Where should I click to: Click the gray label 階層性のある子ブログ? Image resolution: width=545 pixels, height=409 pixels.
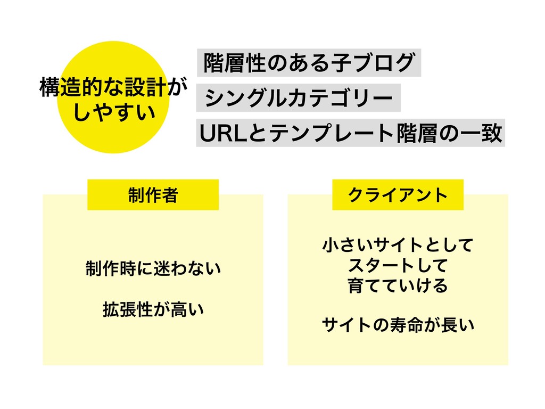pyautogui.click(x=309, y=63)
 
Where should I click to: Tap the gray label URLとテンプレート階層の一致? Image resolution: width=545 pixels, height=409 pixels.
pyautogui.click(x=350, y=133)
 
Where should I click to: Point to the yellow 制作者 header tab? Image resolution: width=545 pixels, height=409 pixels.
pyautogui.click(x=153, y=195)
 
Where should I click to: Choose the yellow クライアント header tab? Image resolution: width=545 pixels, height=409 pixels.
pyautogui.click(x=398, y=195)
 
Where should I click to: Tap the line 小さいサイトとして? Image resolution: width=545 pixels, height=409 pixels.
pyautogui.click(x=398, y=246)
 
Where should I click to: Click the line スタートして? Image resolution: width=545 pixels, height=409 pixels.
pyautogui.click(x=398, y=266)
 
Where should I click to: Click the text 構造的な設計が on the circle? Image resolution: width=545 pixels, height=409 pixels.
pyautogui.click(x=110, y=87)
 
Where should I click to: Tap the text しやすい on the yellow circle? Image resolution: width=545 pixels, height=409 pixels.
pyautogui.click(x=110, y=112)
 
